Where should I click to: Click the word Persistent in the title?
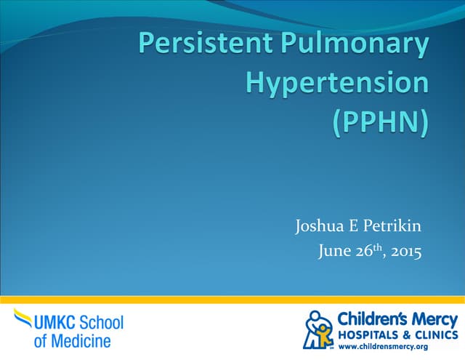click(201, 45)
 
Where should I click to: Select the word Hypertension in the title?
click(337, 83)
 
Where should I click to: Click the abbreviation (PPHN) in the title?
click(380, 120)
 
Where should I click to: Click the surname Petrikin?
click(393, 228)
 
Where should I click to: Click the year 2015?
click(405, 252)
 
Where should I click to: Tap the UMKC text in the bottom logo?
click(54, 322)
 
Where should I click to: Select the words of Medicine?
click(72, 340)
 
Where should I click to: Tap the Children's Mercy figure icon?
click(318, 329)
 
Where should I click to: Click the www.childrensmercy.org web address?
click(393, 346)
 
